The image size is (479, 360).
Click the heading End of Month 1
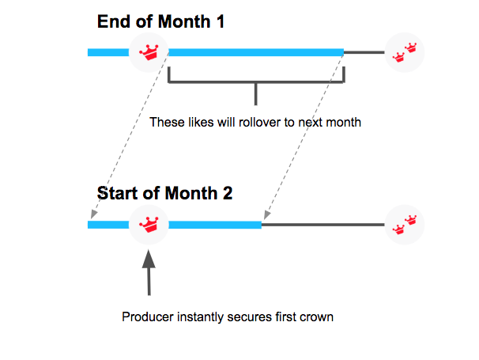coord(160,21)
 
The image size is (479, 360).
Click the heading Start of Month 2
coord(164,193)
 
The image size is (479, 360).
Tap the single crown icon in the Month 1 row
coord(149,52)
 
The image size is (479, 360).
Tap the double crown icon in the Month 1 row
coord(405,52)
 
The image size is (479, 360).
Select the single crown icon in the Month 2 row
coord(149,225)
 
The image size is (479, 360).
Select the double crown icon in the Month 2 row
coord(405,225)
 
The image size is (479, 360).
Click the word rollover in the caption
coord(260,123)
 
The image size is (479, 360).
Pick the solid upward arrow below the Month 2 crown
coord(149,272)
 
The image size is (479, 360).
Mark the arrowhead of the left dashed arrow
coord(94,214)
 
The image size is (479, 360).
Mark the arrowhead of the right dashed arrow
coord(267,214)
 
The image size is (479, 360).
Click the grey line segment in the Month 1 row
coord(364,52)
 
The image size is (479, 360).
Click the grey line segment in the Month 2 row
coord(323,225)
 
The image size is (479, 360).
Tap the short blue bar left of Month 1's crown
coord(108,52)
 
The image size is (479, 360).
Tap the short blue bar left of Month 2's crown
coord(108,225)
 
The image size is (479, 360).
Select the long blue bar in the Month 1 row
coord(256,52)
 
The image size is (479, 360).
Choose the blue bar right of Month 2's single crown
coord(215,225)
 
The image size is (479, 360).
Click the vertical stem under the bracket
coord(256,94)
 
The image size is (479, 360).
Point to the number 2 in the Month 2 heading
coord(228,193)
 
